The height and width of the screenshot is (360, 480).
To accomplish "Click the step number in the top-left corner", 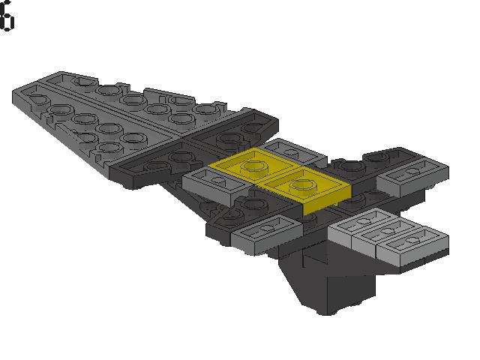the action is pyautogui.click(x=7, y=16).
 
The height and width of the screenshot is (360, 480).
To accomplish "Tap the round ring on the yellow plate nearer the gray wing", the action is pyautogui.click(x=253, y=166).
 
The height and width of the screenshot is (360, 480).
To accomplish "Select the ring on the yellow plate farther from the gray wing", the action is pyautogui.click(x=301, y=185).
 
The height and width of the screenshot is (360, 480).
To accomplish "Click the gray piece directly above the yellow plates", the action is pyautogui.click(x=292, y=151).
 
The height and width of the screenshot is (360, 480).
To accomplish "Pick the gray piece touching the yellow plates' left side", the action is pyautogui.click(x=216, y=184).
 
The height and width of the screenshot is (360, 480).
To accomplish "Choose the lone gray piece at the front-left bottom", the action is pyautogui.click(x=267, y=234).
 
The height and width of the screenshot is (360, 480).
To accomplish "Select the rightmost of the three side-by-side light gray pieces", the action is pyautogui.click(x=412, y=245).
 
